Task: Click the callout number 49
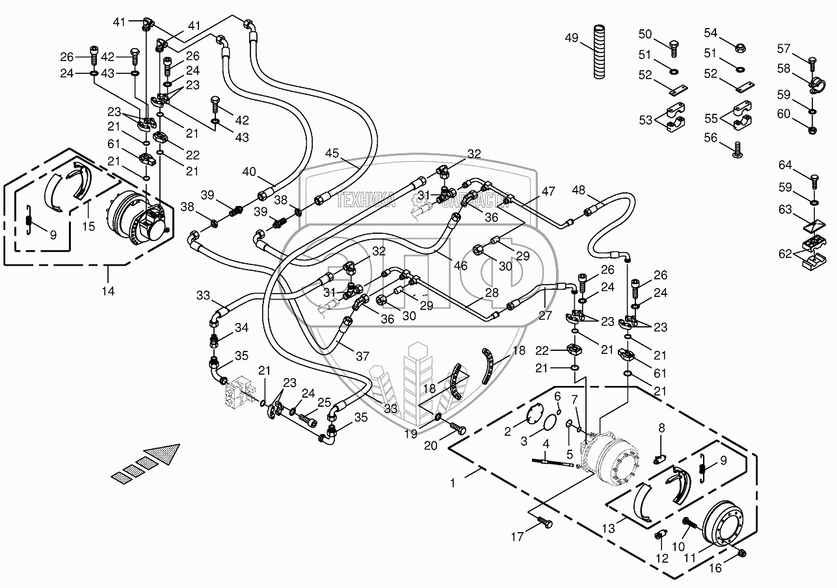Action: coord(571,38)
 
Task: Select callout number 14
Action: coord(108,291)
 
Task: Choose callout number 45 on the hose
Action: coord(332,154)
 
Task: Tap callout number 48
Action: coord(579,190)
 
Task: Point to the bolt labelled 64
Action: coord(814,175)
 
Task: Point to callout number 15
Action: coord(88,226)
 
